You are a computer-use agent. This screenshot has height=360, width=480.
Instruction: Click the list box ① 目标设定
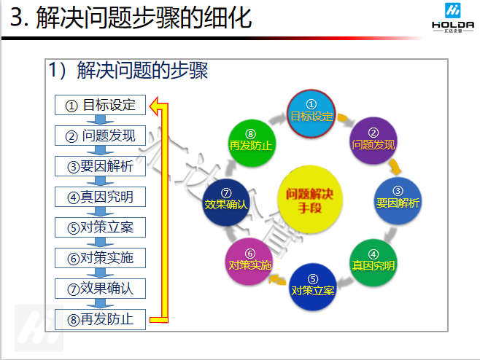point(101,104)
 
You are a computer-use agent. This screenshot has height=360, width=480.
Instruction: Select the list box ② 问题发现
point(101,136)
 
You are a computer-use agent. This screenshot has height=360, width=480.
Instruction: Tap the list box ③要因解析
point(101,166)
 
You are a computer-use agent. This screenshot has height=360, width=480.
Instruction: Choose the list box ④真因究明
point(101,197)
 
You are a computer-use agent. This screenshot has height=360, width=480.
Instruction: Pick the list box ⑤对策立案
point(101,227)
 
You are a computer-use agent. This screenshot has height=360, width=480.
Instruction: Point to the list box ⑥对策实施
point(101,258)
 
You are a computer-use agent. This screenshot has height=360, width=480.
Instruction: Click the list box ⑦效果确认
point(101,288)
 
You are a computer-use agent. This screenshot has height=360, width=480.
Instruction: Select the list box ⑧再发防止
point(101,318)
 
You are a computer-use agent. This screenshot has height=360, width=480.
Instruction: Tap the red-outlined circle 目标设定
point(311,114)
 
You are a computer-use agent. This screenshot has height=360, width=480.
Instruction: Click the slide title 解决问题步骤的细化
point(131,17)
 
